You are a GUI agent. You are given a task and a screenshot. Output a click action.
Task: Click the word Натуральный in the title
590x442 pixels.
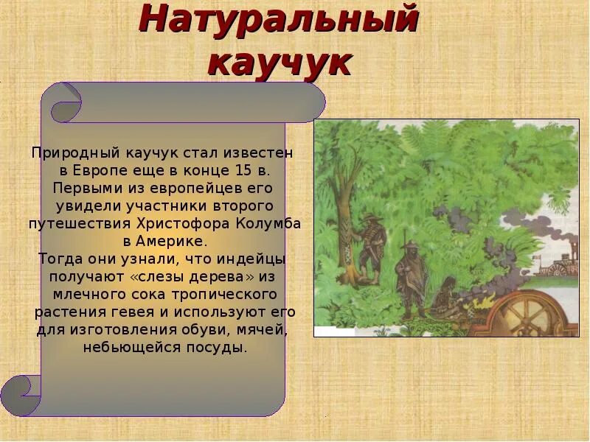coord(279,20)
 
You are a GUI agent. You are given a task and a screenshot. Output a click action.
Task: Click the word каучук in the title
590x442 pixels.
coord(279,63)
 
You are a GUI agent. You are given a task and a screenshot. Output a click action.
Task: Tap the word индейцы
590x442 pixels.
coord(251,259)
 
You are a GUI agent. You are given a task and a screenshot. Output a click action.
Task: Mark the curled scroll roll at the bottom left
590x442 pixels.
coord(21,391)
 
